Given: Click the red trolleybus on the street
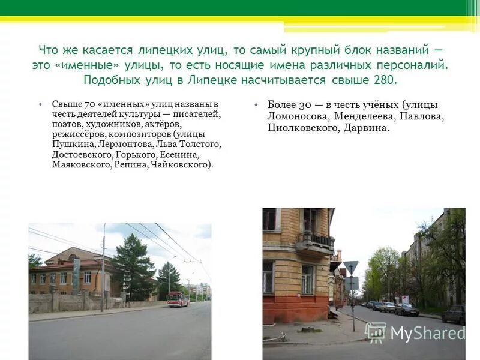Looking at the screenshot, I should pos(178,299).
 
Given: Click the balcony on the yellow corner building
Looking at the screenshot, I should pos(315,241).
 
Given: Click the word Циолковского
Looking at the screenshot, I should pos(302,128).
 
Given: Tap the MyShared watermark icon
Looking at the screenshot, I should pos(376,332).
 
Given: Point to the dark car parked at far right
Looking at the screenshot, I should pos(454,314).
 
